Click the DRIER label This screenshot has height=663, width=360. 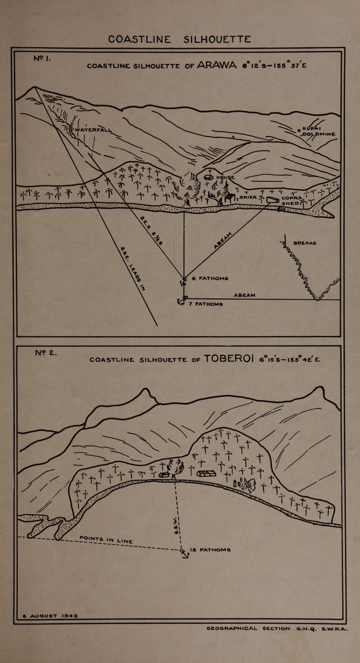(248, 197)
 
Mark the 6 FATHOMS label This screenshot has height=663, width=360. (210, 278)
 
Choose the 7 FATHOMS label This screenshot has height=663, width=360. (204, 304)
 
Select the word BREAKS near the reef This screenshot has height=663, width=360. (305, 243)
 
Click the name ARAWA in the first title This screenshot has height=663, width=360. (217, 66)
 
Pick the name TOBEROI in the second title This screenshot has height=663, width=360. (229, 359)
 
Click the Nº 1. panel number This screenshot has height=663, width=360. (42, 58)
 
